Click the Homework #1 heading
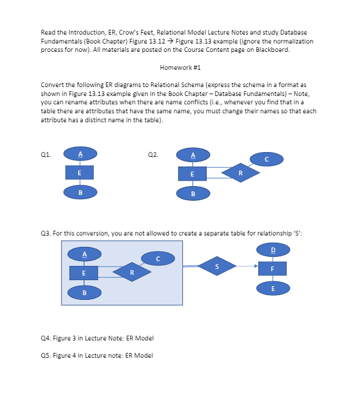pos(179,67)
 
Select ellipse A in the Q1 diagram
pos(80,154)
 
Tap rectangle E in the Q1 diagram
pos(80,173)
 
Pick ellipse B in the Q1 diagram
pos(80,193)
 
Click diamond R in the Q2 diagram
pos(241,173)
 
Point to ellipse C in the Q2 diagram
pos(266,159)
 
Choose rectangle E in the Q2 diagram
pos(193,173)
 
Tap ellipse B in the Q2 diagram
pos(193,193)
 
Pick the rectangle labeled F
pos(273,268)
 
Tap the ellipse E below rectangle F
pos(273,288)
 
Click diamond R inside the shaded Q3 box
pos(131,272)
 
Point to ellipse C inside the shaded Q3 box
pos(158,258)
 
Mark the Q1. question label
pos(45,154)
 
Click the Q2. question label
pos(153,154)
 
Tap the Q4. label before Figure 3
pos(45,338)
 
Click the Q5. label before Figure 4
pos(45,356)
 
